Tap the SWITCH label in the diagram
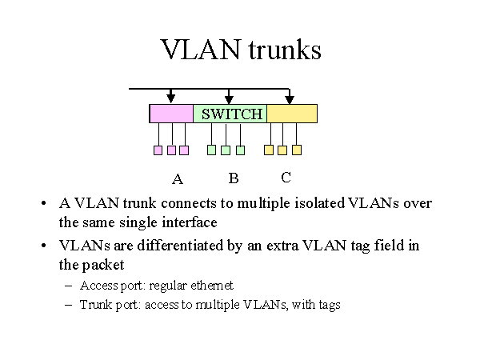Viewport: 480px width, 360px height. tap(232, 114)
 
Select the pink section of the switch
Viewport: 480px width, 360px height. tap(171, 114)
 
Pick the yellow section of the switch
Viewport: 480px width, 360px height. tap(292, 114)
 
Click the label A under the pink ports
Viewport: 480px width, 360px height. tap(178, 178)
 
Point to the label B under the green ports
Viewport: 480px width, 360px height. tap(234, 178)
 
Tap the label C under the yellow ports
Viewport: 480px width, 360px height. tap(286, 177)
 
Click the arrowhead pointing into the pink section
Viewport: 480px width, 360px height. tap(170, 98)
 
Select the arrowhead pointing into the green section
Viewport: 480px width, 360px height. tap(230, 98)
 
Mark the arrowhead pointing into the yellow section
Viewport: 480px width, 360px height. tap(290, 98)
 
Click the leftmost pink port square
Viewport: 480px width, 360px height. tap(158, 150)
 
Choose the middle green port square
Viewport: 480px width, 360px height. tap(226, 150)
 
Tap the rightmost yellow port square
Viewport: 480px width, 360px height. tap(297, 150)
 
